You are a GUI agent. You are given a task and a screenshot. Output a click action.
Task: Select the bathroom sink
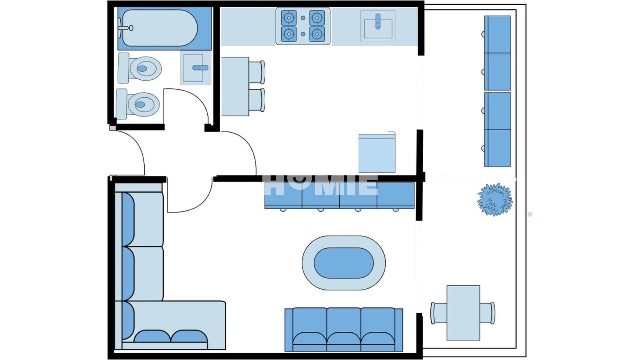pos(196,68)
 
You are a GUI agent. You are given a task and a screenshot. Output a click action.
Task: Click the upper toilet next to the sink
pos(140,68)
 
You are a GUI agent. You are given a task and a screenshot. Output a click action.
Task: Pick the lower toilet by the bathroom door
pos(138,104)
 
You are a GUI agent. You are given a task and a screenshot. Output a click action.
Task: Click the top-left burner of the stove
pos(289,18)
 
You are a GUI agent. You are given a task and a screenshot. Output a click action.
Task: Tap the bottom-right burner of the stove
pos(317,34)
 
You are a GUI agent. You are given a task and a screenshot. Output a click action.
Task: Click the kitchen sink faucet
pos(378,21)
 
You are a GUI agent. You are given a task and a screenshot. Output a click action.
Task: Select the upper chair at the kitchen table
pos(257,72)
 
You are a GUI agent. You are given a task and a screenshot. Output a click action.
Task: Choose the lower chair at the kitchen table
pos(257,100)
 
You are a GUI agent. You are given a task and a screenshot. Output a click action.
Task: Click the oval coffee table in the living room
pos(344,263)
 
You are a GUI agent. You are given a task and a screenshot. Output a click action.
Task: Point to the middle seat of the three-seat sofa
pos(344,329)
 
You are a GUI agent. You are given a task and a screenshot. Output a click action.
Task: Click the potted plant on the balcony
pos(495,199)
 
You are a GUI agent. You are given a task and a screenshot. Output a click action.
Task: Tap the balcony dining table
pos(463,313)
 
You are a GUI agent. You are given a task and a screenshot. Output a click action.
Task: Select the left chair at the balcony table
pos(439,313)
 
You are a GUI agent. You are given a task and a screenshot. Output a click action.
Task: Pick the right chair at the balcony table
pos(488,313)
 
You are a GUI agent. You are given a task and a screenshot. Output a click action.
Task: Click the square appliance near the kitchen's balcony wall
pos(377,153)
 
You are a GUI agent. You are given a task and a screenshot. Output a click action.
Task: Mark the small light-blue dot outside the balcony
pos(530,214)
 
